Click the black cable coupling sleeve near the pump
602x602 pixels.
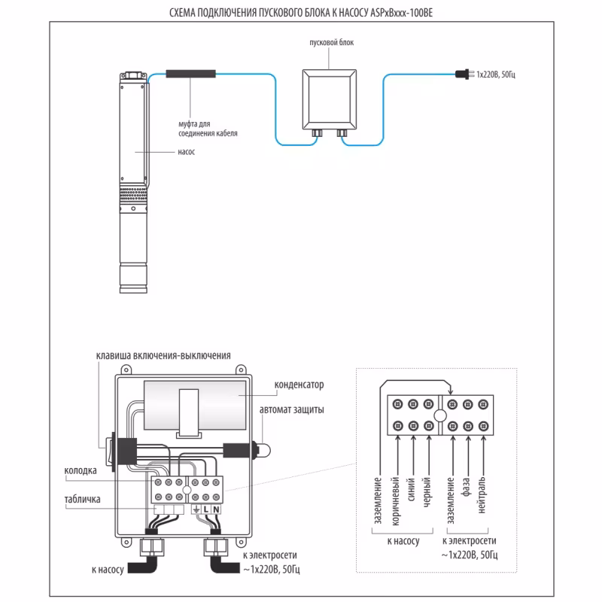191,74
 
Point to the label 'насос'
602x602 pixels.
187,150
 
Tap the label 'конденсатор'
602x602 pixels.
298,384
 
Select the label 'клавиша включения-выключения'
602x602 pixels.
163,355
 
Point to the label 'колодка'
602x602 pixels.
81,471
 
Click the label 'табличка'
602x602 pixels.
83,498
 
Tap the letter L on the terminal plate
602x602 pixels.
205,509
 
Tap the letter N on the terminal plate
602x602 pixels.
216,509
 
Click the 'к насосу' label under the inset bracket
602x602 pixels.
403,541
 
